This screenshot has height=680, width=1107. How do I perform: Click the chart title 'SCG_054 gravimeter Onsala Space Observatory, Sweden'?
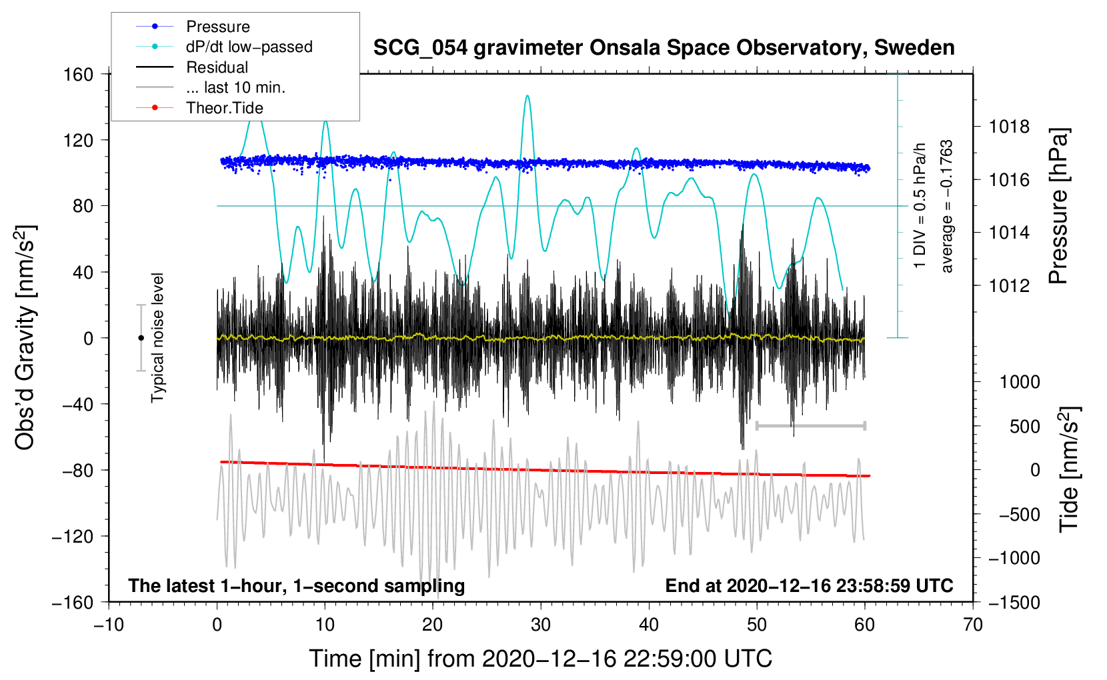pyautogui.click(x=664, y=48)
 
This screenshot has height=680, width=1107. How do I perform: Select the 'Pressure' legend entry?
pyautogui.click(x=218, y=26)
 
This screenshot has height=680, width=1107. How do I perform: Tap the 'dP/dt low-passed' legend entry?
pyautogui.click(x=249, y=47)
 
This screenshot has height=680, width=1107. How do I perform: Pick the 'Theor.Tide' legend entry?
pyautogui.click(x=224, y=108)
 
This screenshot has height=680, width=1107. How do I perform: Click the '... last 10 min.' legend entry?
pyautogui.click(x=235, y=87)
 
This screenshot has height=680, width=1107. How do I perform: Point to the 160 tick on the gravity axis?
pyautogui.click(x=79, y=75)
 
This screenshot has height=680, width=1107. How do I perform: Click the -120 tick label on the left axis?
pyautogui.click(x=73, y=536)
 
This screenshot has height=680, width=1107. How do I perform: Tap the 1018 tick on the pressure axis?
pyautogui.click(x=1009, y=127)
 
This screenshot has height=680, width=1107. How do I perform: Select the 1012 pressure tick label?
pyautogui.click(x=1009, y=285)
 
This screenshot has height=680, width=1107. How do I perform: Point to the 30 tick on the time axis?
pyautogui.click(x=541, y=625)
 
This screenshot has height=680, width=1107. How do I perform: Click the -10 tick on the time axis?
pyautogui.click(x=109, y=625)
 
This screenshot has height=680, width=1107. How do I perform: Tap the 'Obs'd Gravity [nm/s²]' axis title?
pyautogui.click(x=25, y=338)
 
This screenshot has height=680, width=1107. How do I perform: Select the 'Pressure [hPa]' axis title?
pyautogui.click(x=1058, y=206)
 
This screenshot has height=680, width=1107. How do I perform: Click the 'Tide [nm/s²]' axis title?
pyautogui.click(x=1070, y=469)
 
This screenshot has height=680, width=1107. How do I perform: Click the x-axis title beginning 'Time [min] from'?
pyautogui.click(x=541, y=659)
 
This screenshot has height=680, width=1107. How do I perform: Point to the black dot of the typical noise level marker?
pyautogui.click(x=141, y=338)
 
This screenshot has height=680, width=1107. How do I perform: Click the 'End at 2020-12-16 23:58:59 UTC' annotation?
pyautogui.click(x=809, y=585)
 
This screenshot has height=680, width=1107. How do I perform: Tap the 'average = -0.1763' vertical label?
pyautogui.click(x=946, y=206)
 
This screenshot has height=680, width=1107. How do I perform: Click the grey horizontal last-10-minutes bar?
pyautogui.click(x=810, y=425)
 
